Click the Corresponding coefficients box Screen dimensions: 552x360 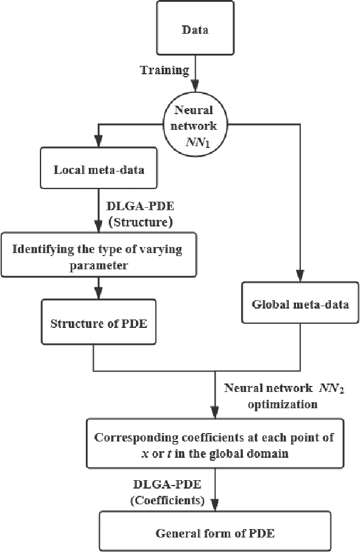215,444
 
